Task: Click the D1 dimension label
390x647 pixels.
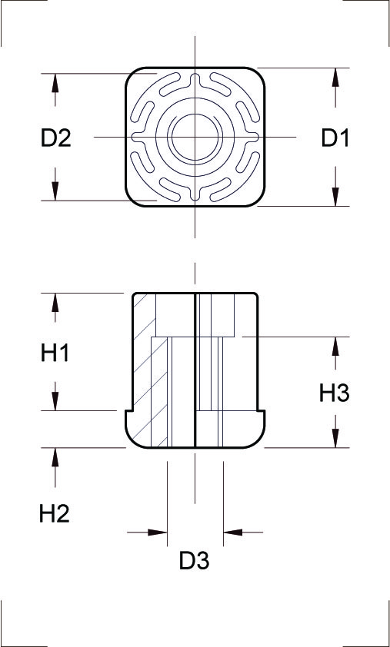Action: (x=335, y=138)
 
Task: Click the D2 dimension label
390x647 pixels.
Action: (x=56, y=138)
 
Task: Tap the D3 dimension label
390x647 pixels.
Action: (x=194, y=561)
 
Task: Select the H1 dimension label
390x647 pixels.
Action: (x=55, y=353)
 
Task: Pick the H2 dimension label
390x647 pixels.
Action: (x=55, y=514)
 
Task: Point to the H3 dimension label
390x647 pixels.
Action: (x=334, y=393)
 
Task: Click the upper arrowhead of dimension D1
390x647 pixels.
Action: (x=335, y=77)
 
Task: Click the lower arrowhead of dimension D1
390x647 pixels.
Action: (x=335, y=197)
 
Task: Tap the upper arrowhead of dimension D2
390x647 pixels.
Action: (x=55, y=83)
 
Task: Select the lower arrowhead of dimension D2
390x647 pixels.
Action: (x=55, y=191)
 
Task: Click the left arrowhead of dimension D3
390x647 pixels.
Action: (x=158, y=533)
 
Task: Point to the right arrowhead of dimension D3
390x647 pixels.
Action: (x=233, y=533)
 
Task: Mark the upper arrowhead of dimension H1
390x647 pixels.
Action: (x=55, y=303)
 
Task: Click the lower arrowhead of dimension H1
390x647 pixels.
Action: (x=55, y=401)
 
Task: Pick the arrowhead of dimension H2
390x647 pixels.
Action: (x=55, y=457)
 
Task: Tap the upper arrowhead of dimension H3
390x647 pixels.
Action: (x=335, y=347)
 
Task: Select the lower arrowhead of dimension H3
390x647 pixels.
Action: (x=335, y=438)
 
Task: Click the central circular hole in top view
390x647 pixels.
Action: (x=195, y=137)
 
